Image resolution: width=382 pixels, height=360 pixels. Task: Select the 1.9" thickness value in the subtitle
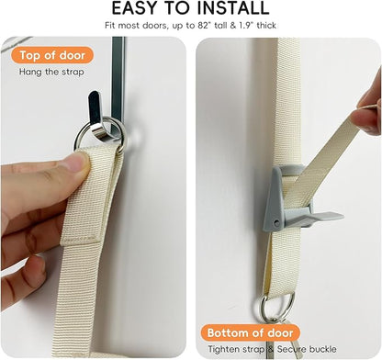pos(246,26)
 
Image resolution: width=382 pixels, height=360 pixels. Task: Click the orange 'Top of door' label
pos(52,55)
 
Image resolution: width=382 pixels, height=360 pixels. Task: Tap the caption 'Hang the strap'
pos(51,73)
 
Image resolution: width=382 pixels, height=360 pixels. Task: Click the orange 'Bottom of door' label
pos(250,332)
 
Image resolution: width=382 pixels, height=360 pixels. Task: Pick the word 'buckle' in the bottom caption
pos(322,349)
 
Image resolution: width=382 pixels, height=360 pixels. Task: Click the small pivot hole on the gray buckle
pos(276,222)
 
